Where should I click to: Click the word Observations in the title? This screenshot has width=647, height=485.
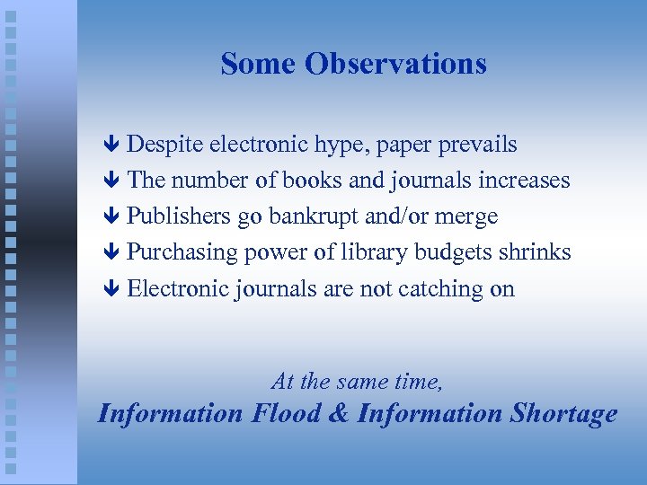click(395, 64)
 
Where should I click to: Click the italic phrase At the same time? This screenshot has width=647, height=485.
click(357, 382)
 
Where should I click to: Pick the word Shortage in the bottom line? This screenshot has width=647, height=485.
click(563, 413)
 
